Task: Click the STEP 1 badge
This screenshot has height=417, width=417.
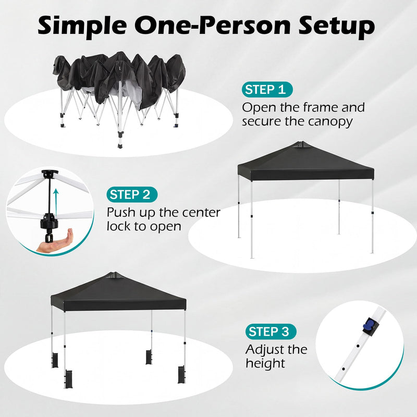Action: pos(267,89)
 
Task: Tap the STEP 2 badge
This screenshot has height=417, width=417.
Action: pos(132,195)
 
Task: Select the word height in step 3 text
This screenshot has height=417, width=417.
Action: pos(265,363)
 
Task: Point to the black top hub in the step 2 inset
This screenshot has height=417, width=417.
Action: pos(50,174)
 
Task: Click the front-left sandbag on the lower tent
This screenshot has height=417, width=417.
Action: pos(67,379)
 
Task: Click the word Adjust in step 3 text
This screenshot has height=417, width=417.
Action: pos(265,349)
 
